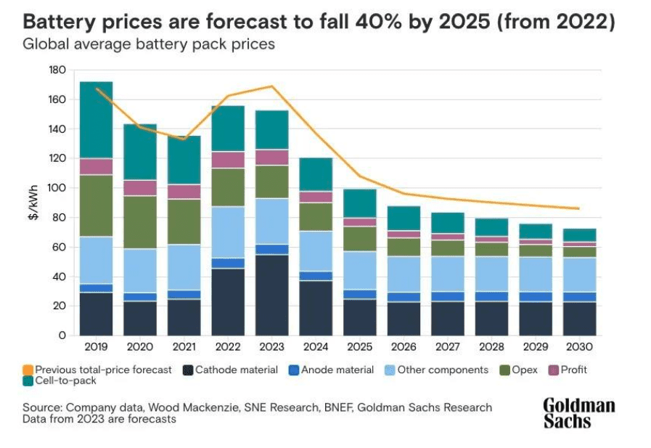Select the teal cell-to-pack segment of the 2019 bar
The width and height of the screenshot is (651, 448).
click(x=96, y=120)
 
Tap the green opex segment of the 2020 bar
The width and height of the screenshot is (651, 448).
click(x=139, y=222)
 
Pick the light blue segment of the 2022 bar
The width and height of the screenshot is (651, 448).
click(x=228, y=232)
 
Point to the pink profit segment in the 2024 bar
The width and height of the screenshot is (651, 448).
click(x=316, y=197)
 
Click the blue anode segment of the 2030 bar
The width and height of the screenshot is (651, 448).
click(x=580, y=297)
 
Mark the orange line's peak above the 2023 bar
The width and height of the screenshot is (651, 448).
click(x=272, y=86)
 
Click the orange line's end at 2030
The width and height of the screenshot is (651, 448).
click(x=578, y=208)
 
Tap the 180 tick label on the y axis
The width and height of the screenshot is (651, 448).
click(x=57, y=70)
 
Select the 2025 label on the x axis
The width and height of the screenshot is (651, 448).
click(x=360, y=348)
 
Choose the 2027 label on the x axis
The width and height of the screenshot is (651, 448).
click(x=448, y=348)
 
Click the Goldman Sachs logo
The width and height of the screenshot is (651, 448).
click(x=578, y=412)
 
